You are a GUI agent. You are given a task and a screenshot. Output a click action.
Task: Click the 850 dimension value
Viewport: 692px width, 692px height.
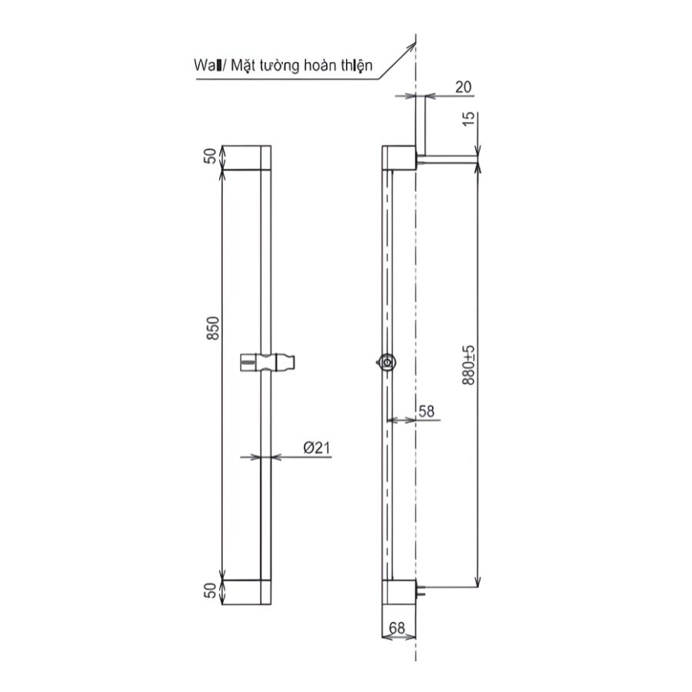[x=215, y=328]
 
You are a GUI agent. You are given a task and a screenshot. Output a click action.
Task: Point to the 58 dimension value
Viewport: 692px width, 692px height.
[x=426, y=411]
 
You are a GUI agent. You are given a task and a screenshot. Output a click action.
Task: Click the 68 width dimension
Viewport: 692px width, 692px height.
[x=398, y=628]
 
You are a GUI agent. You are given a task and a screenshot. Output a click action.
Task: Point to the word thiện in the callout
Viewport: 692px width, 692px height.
[x=355, y=66]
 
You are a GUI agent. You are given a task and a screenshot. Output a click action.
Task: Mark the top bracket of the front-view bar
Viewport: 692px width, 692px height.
[x=246, y=157]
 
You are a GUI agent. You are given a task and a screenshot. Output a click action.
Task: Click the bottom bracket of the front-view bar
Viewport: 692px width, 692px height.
[x=246, y=593]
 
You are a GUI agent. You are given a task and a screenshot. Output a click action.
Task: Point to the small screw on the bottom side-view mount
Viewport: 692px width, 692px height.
[x=421, y=591]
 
